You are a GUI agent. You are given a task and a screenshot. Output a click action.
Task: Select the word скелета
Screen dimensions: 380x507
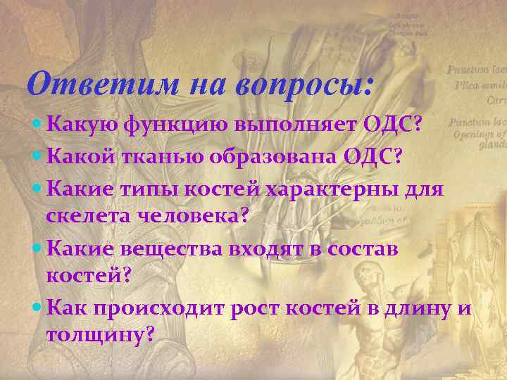[x=87, y=217]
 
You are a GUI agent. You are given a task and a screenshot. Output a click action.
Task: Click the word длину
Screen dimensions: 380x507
[x=415, y=309]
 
